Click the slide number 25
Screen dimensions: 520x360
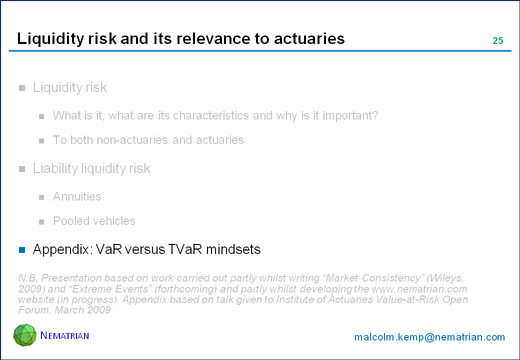pyautogui.click(x=498, y=40)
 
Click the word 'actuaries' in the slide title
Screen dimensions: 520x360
pyautogui.click(x=309, y=38)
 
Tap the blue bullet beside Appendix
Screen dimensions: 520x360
pyautogui.click(x=22, y=250)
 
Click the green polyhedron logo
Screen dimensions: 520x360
pyautogui.click(x=25, y=335)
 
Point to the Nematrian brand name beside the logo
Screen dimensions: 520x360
pyautogui.click(x=64, y=335)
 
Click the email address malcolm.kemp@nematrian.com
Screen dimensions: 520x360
pyautogui.click(x=429, y=337)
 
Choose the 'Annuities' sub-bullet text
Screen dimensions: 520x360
pyautogui.click(x=77, y=196)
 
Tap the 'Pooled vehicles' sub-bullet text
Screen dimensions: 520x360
pyautogui.click(x=94, y=221)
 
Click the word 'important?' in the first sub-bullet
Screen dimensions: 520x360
pyautogui.click(x=350, y=115)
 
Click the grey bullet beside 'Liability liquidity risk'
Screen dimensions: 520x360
pyautogui.click(x=22, y=169)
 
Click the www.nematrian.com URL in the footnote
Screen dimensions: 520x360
pyautogui.click(x=419, y=289)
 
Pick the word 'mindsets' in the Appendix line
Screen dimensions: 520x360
pyautogui.click(x=233, y=249)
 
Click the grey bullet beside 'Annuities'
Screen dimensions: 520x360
pyautogui.click(x=41, y=197)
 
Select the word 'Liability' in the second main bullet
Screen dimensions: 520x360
pyautogui.click(x=55, y=168)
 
